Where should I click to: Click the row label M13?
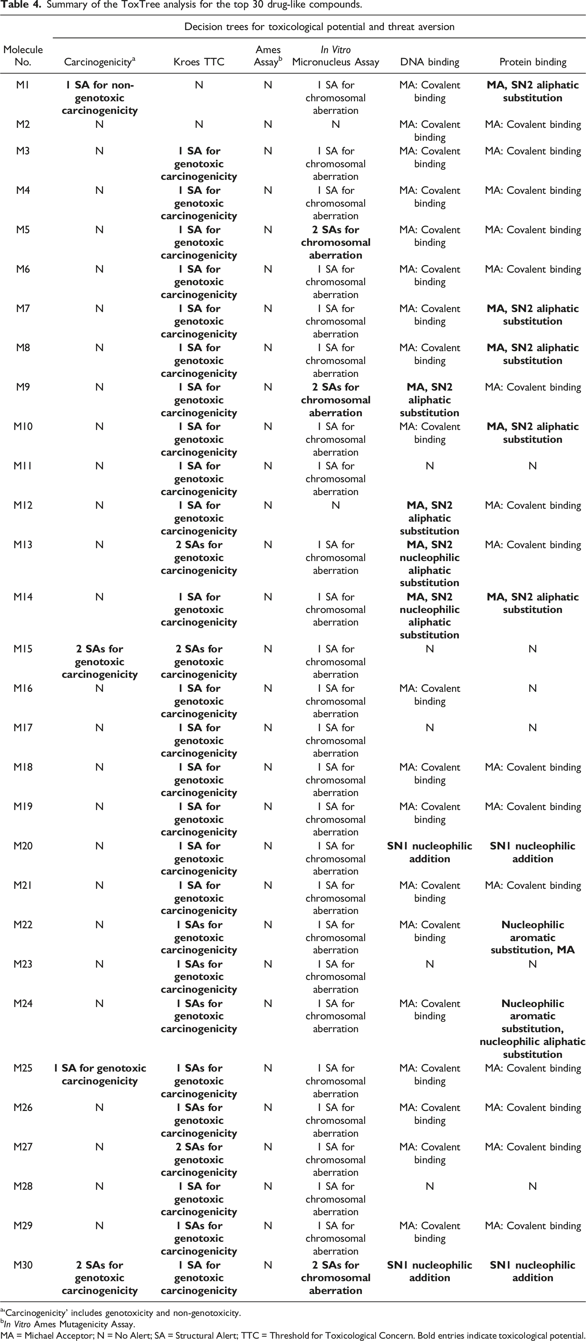coord(23,544)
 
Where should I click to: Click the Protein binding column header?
coord(532,62)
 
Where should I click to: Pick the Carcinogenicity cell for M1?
coord(100,97)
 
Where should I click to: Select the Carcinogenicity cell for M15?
coord(100,662)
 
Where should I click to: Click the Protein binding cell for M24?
coord(532,1029)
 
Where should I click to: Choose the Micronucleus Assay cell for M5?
coord(335,242)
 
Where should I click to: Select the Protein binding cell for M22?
coord(532,937)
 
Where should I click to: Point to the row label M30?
coord(23,1265)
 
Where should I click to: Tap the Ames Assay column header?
coord(268,56)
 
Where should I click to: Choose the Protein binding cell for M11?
coord(532,466)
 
